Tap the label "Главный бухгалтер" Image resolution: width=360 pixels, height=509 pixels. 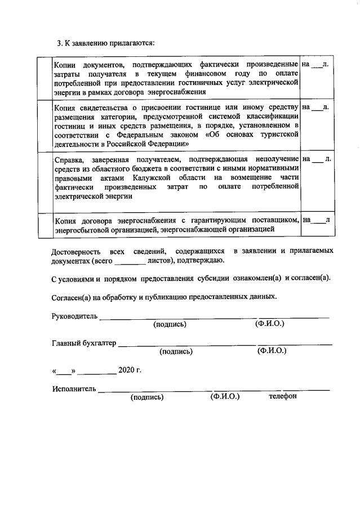tap(84, 342)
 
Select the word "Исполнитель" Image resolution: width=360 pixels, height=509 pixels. tap(74, 389)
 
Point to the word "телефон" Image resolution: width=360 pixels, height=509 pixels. tap(283, 397)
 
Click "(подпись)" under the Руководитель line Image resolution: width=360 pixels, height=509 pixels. tap(170, 324)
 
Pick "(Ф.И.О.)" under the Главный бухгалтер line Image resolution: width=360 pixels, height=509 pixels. tap(272, 351)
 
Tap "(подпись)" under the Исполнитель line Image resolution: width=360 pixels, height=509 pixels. tap(146, 397)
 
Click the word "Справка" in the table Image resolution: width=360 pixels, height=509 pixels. tap(68, 159)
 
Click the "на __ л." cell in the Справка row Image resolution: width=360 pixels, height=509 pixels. tap(316, 159)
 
